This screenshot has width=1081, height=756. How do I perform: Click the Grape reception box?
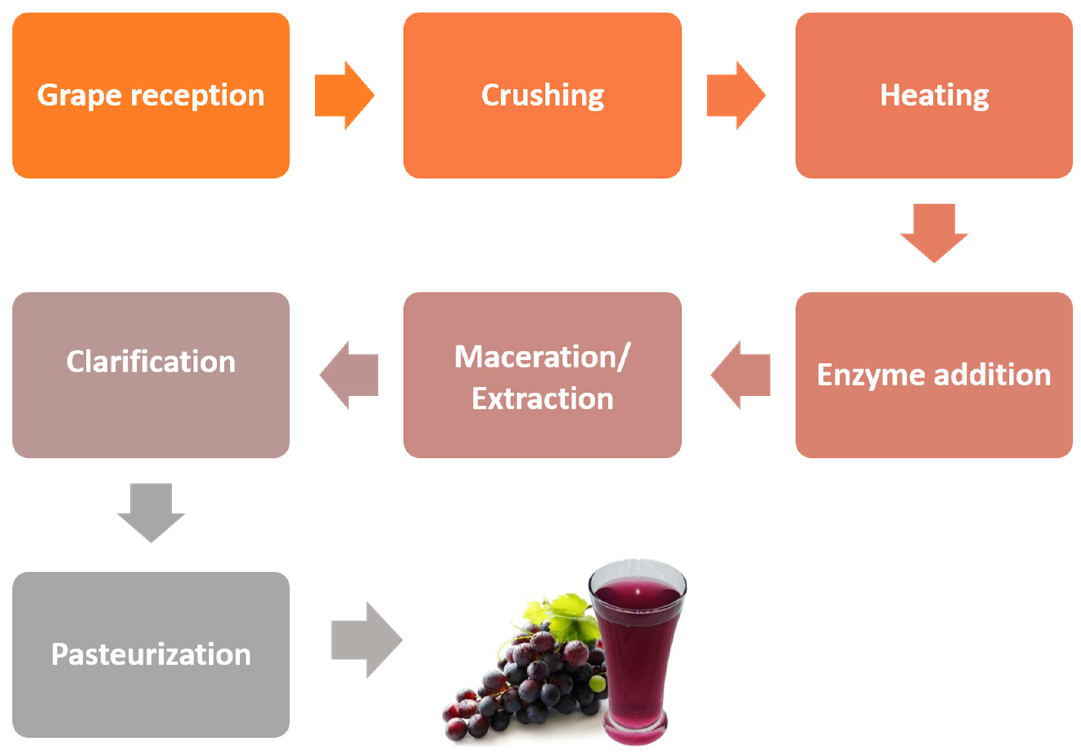(x=151, y=95)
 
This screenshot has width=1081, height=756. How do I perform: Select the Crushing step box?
(x=542, y=95)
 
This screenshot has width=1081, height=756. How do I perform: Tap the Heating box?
(x=934, y=95)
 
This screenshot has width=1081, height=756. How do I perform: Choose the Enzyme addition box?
(x=934, y=375)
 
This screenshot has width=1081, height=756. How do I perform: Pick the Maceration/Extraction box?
(x=542, y=375)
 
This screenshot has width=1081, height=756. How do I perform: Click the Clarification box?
(x=151, y=375)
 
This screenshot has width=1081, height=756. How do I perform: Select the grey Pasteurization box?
(x=151, y=654)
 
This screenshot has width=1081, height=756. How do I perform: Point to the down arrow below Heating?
(x=934, y=233)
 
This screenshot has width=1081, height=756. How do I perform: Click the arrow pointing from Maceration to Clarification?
(x=349, y=375)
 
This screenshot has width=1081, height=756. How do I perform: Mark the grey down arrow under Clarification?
(x=151, y=512)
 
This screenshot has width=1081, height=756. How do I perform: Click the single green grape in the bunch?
(x=597, y=682)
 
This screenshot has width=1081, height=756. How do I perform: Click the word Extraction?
(x=542, y=398)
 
